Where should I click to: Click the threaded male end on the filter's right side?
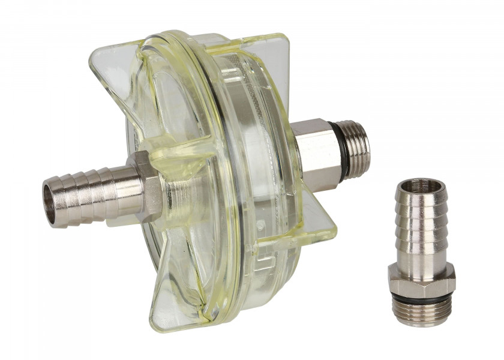(x=359, y=148)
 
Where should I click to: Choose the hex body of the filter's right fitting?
(x=315, y=154)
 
